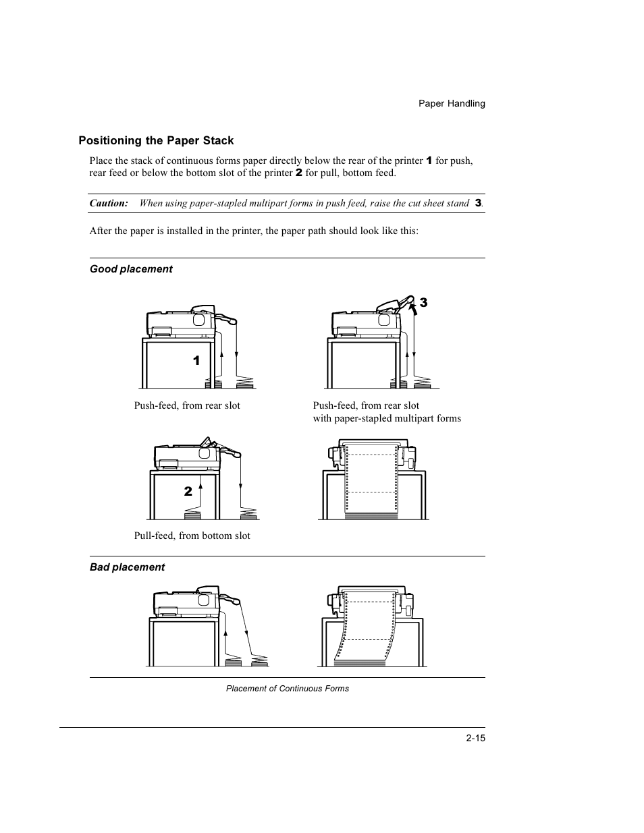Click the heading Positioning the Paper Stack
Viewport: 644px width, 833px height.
coord(156,140)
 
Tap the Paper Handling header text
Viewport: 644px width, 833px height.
coord(452,103)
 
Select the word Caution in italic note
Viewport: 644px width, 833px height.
coord(109,203)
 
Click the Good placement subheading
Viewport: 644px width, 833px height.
coord(131,269)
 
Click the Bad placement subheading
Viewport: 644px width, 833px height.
coord(127,567)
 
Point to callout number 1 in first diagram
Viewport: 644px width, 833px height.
coord(196,361)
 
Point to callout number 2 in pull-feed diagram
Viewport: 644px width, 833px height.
coord(188,492)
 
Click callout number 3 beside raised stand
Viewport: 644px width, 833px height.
coord(423,303)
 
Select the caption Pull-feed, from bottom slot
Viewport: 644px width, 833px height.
coord(192,536)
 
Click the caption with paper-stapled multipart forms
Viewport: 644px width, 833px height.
coord(387,418)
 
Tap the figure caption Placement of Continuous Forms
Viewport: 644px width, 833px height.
coord(288,689)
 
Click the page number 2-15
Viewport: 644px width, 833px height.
coord(475,738)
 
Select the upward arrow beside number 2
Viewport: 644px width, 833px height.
coord(200,493)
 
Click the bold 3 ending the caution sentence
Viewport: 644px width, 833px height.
coord(478,203)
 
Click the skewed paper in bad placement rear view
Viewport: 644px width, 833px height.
coord(365,627)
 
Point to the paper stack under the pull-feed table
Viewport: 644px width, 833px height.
coord(192,516)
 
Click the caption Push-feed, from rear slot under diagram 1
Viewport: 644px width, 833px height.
coord(187,405)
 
